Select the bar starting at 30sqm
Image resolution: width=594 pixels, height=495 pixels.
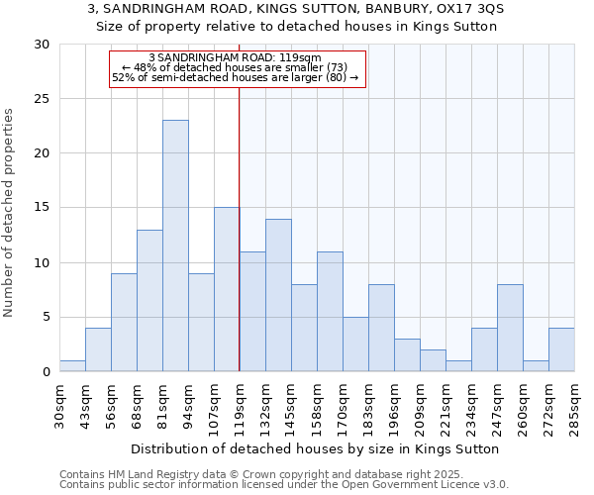[72, 366]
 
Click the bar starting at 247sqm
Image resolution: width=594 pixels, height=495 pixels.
[510, 328]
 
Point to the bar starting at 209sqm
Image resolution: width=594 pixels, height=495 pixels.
[433, 360]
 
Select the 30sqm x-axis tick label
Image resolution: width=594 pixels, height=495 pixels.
[59, 404]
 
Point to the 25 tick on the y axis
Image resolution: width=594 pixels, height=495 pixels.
[43, 99]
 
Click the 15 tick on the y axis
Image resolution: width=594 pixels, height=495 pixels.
[43, 208]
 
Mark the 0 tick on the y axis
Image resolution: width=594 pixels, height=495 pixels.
[46, 372]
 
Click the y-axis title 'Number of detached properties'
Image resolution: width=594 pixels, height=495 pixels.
[10, 212]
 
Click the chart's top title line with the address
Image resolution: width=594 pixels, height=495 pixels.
[296, 9]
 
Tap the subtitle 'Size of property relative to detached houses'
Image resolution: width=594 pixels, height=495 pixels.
[296, 27]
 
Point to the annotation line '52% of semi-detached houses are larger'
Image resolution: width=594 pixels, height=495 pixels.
[235, 77]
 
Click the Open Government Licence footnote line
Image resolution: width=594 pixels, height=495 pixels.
[284, 485]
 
